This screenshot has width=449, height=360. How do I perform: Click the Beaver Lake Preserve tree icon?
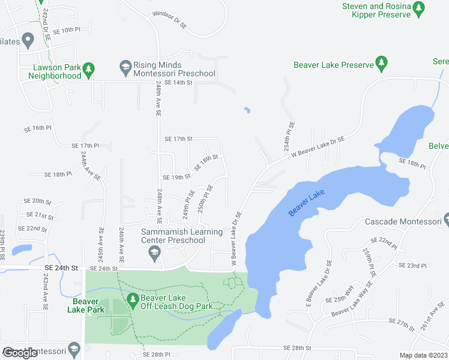pos(381,62)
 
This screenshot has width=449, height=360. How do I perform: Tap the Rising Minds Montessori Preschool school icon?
pos(125,65)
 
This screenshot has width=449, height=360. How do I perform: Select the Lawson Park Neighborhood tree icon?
pos(88,70)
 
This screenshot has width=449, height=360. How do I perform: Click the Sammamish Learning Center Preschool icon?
pos(155,252)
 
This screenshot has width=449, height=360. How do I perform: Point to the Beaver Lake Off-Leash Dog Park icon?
pos(133,298)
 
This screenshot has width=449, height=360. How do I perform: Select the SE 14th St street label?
pos(178,82)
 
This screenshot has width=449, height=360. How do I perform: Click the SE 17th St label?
pos(178,139)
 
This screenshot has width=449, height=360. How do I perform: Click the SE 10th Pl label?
pos(66,29)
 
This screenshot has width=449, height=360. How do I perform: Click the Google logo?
pos(20,353)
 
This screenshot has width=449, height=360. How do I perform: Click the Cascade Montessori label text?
pos(403,222)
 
